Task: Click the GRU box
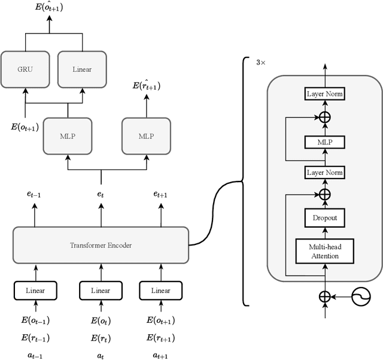[x=25, y=69]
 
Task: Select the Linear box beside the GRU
[x=82, y=69]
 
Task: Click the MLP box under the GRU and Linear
[x=68, y=136]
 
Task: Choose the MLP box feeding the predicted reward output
[x=146, y=136]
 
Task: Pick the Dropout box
[x=324, y=217]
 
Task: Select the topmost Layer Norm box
[x=324, y=94]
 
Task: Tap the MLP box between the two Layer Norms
[x=324, y=142]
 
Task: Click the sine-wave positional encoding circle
[x=362, y=297]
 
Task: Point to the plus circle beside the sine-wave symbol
[x=324, y=297]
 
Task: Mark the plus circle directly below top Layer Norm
[x=324, y=117]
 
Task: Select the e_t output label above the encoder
[x=101, y=195]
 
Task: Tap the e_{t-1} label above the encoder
[x=35, y=195]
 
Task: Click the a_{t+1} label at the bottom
[x=160, y=355]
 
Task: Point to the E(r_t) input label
[x=101, y=338]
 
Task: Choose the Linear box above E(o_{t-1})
[x=35, y=291]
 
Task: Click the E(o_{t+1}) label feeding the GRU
[x=25, y=126]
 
